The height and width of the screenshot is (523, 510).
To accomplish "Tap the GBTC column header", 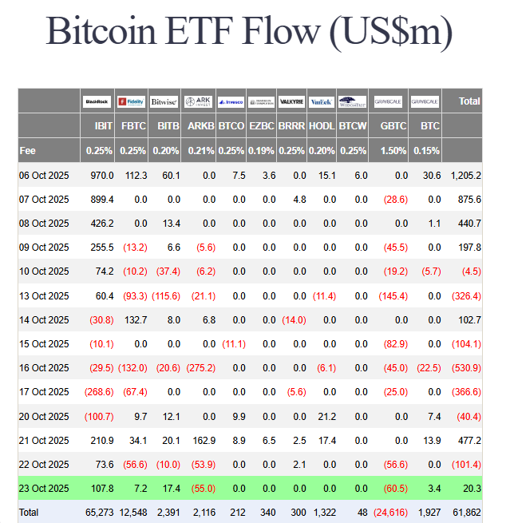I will pyautogui.click(x=393, y=126).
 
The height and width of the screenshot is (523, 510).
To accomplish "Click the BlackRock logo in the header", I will pyautogui.click(x=97, y=101).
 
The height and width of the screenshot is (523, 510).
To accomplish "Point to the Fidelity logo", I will pyautogui.click(x=131, y=101).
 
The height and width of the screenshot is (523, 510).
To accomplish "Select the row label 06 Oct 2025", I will pyautogui.click(x=44, y=175).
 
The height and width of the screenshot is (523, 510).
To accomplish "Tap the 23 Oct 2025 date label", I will pyautogui.click(x=44, y=488).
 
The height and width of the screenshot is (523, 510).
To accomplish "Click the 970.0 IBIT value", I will pyautogui.click(x=101, y=175).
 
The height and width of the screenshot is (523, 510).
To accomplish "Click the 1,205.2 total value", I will pyautogui.click(x=465, y=175).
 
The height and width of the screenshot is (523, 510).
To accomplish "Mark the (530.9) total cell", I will pyautogui.click(x=466, y=368).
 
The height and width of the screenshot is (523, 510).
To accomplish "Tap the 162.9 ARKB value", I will pyautogui.click(x=203, y=440).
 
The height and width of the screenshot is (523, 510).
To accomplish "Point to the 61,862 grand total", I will pyautogui.click(x=466, y=512).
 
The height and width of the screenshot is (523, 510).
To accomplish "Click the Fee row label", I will pyautogui.click(x=28, y=150).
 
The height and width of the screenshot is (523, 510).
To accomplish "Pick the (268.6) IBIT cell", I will pyautogui.click(x=99, y=392).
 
